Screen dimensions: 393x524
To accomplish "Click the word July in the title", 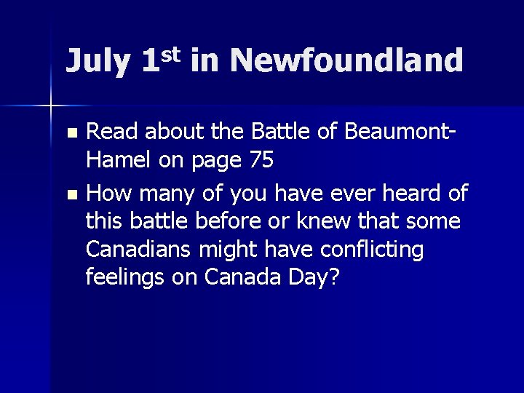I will [95, 62].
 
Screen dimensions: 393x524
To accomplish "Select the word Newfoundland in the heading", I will [346, 60].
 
